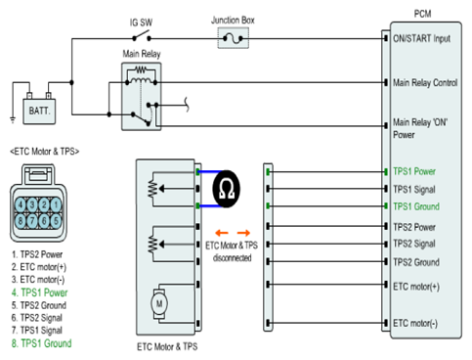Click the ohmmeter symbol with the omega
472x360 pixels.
(227, 189)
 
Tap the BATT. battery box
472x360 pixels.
(39, 112)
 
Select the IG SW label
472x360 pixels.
(141, 22)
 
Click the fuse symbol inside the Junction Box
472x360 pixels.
(233, 39)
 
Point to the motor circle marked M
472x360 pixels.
(159, 303)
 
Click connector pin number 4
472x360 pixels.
(21, 204)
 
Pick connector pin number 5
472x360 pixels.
(56, 221)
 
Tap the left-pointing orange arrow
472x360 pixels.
(222, 233)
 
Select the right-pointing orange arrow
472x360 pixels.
(243, 233)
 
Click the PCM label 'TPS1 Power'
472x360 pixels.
(414, 171)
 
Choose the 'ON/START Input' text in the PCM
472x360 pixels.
(421, 38)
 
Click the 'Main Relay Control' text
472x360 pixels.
(425, 83)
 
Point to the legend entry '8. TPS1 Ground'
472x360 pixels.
(42, 343)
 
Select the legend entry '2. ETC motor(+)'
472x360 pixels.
(39, 267)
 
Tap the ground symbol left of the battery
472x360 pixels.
(13, 119)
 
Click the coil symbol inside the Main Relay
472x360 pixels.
(141, 80)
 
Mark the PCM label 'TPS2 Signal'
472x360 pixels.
(414, 244)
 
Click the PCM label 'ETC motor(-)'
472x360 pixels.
(415, 323)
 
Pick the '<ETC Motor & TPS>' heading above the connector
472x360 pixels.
(45, 152)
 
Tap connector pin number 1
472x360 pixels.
(56, 204)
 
